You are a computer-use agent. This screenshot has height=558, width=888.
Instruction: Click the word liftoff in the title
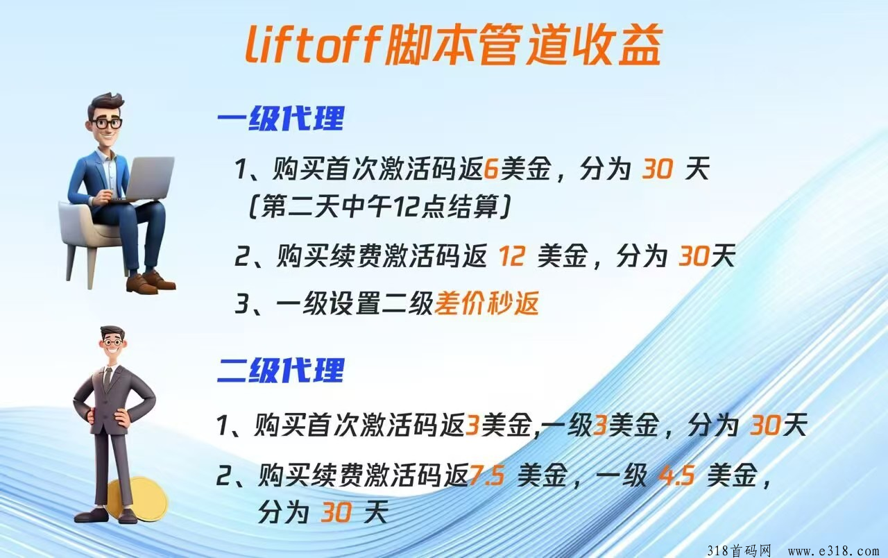(x=313, y=44)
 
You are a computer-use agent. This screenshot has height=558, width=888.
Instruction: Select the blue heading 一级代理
(x=281, y=118)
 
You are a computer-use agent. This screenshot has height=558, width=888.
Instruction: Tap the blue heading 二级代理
(x=281, y=370)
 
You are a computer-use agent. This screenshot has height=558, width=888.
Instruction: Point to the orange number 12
(x=512, y=256)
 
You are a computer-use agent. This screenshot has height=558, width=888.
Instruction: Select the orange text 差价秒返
(x=487, y=304)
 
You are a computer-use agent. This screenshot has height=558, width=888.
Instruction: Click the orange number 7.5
(x=487, y=475)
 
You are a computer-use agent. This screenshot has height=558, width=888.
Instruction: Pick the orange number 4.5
(x=676, y=475)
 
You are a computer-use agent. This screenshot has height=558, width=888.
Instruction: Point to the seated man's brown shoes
(x=151, y=282)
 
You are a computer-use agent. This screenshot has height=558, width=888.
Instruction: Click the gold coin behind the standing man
(x=139, y=500)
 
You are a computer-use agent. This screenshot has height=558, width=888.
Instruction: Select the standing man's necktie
(x=108, y=377)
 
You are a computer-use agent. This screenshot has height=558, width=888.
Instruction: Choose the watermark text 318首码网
(x=739, y=550)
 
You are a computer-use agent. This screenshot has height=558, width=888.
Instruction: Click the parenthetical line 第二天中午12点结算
(x=379, y=207)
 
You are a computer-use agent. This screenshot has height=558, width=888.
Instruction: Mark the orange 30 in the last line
(x=336, y=512)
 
